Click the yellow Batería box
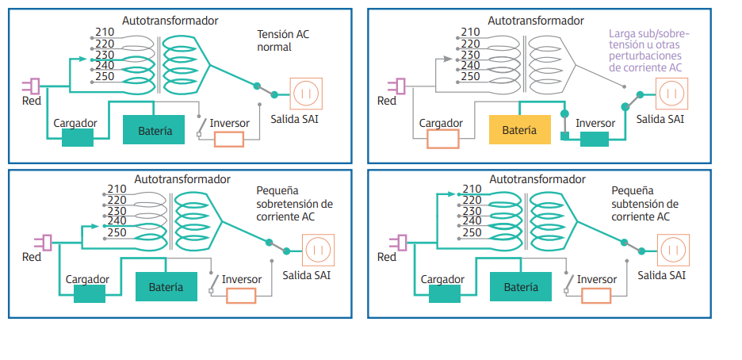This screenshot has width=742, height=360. [x=520, y=129]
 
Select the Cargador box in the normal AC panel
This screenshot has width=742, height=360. [x=78, y=137]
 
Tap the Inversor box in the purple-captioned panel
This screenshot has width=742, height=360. [x=594, y=139]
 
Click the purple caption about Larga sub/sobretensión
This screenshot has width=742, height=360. [x=649, y=51]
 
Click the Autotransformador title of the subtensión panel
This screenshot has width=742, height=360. [x=536, y=179]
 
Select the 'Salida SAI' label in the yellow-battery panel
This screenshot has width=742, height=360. [x=660, y=119]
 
